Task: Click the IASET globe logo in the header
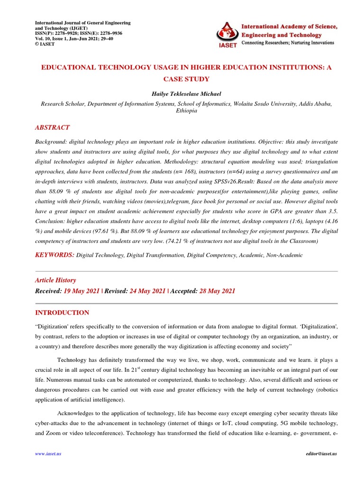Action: [226, 34]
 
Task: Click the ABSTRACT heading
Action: [53, 128]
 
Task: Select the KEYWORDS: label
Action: [55, 255]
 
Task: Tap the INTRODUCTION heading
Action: [62, 313]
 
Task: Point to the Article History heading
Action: [55, 280]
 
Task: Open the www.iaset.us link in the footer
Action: [48, 454]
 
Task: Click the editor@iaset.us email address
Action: [321, 454]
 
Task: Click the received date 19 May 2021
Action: [82, 291]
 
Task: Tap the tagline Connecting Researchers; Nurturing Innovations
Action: [288, 43]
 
